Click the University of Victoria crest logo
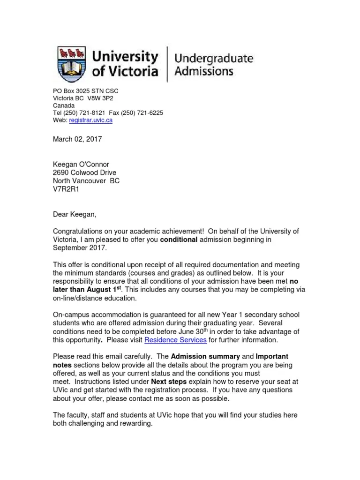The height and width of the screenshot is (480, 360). pyautogui.click(x=72, y=64)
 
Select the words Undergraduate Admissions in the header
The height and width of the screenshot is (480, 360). pyautogui.click(x=213, y=65)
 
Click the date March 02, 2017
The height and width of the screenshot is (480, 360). pyautogui.click(x=77, y=139)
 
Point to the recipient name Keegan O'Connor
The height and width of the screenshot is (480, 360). pyautogui.click(x=81, y=164)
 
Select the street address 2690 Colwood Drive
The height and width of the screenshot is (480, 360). pyautogui.click(x=84, y=172)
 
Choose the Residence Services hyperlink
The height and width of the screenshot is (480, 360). pyautogui.click(x=175, y=340)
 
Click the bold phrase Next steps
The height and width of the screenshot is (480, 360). pyautogui.click(x=168, y=382)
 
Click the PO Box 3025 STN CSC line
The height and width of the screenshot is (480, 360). pyautogui.click(x=85, y=90)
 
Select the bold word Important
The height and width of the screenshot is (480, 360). pyautogui.click(x=272, y=357)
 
